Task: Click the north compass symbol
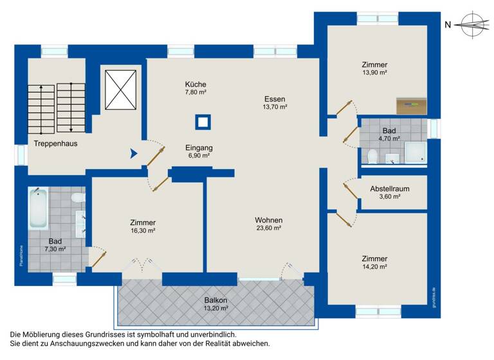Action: tap(473, 25)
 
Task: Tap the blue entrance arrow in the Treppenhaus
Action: tap(134, 154)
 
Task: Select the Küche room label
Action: tap(196, 85)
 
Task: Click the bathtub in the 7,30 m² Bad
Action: tap(39, 209)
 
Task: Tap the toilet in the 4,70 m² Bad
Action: tap(372, 156)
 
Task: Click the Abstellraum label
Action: tap(390, 189)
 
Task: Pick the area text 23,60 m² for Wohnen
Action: tap(269, 228)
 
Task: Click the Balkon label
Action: tap(215, 300)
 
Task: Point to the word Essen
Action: tap(275, 99)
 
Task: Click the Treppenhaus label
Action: tap(56, 143)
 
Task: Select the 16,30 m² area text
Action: tap(142, 230)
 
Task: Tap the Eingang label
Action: tap(199, 147)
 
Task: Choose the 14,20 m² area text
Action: tap(374, 267)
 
